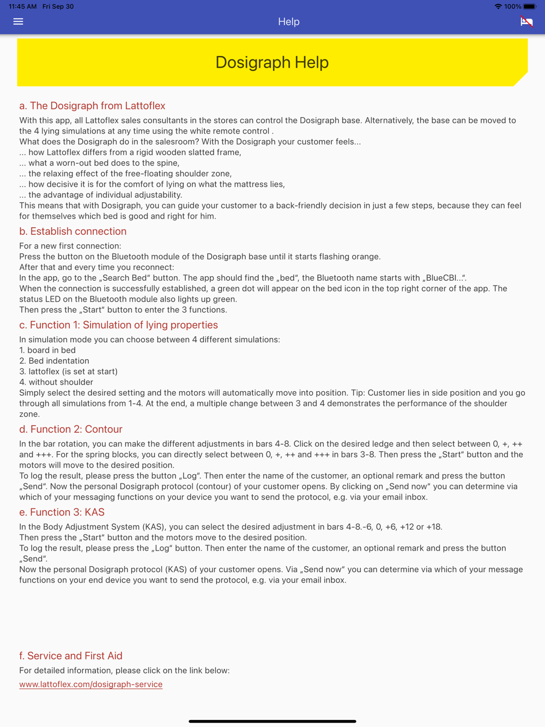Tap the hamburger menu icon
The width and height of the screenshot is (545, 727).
click(x=18, y=21)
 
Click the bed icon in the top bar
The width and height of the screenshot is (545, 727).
click(x=526, y=21)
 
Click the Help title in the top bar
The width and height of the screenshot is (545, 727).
click(x=288, y=22)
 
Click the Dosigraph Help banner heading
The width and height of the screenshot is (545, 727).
click(x=272, y=62)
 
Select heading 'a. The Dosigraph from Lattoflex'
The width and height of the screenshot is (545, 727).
click(x=92, y=106)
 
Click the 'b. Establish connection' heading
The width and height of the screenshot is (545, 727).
click(x=72, y=231)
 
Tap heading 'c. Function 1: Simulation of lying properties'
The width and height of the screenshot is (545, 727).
click(x=118, y=325)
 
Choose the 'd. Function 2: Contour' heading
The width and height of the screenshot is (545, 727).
click(x=70, y=429)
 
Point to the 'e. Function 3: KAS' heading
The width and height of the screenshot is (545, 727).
click(x=62, y=512)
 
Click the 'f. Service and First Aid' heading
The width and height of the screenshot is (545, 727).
click(x=70, y=656)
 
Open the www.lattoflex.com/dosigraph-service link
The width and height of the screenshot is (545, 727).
click(x=90, y=684)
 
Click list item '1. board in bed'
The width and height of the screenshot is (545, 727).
click(x=47, y=350)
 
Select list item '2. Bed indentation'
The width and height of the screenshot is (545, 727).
click(x=54, y=361)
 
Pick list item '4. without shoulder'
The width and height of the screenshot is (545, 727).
click(x=56, y=382)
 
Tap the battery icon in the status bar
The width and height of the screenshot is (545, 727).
click(x=529, y=7)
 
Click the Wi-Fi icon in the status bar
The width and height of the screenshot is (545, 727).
click(x=498, y=7)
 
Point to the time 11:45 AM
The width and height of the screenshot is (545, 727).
click(x=22, y=7)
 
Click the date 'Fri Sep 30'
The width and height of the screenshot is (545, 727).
click(x=58, y=7)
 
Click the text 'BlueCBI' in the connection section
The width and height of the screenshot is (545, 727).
click(x=441, y=278)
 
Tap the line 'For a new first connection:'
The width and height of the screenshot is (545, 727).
click(x=70, y=246)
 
